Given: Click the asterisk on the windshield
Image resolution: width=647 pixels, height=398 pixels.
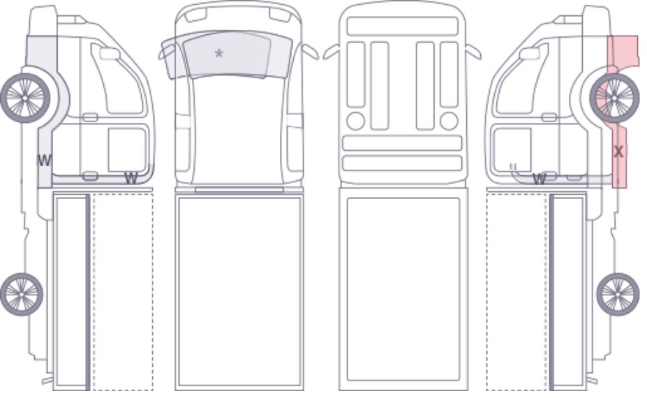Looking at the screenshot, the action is point(219,53).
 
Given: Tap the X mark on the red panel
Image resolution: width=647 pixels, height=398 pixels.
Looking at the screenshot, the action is point(618,152).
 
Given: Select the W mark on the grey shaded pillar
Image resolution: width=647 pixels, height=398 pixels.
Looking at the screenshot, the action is point(45,160).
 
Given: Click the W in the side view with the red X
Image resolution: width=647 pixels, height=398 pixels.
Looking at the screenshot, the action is point(540,179).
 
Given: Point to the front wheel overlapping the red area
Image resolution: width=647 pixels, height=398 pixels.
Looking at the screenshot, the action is point(614,98).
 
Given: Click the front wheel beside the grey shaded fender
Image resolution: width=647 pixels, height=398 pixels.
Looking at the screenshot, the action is point(25,98).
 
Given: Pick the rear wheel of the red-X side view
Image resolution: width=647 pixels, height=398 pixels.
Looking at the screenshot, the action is point(618,294).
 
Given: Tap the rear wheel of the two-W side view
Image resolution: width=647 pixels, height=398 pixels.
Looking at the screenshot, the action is point(22,294).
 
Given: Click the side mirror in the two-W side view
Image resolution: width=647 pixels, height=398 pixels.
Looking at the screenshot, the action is point(110,53).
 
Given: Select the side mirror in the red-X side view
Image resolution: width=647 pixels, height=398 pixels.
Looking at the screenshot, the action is point(530,53).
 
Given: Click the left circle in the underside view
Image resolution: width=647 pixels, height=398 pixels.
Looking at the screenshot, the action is point(356,121).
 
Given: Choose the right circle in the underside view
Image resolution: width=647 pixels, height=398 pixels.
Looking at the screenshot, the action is point(449,121).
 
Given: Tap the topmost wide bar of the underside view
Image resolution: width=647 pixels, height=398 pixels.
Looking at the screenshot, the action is point(402,27).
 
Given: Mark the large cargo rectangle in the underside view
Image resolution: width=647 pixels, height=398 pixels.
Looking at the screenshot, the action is point(403,289).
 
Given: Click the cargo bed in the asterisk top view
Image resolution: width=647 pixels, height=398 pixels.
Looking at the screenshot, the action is point(239,292).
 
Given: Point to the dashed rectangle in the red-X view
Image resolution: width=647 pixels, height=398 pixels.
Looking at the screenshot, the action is point(517,291).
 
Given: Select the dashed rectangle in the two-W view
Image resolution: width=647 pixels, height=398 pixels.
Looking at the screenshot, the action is point(123,291).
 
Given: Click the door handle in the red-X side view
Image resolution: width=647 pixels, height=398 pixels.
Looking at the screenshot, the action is point(549,117).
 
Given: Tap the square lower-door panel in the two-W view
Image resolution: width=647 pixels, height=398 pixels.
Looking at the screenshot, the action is point(127,149).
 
